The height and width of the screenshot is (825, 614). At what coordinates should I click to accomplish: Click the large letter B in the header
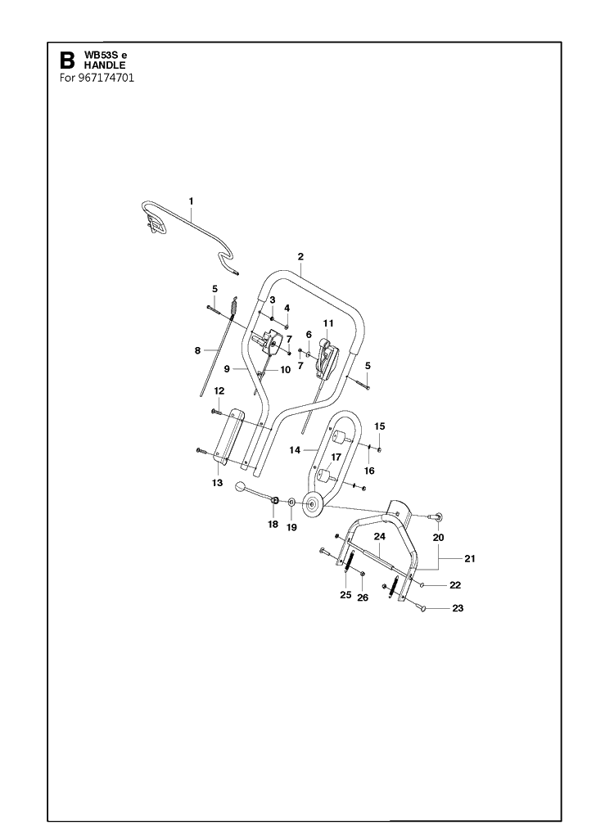click(67, 61)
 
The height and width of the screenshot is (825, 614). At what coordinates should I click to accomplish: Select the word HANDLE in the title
click(105, 65)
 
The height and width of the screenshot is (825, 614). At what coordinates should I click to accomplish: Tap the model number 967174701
click(106, 78)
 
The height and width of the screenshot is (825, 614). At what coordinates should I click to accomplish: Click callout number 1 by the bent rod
click(191, 201)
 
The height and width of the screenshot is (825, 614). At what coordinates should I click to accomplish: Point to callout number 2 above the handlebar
click(300, 257)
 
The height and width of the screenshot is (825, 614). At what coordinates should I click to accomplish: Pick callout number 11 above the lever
click(328, 323)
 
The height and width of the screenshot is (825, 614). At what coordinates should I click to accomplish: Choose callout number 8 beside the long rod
click(197, 350)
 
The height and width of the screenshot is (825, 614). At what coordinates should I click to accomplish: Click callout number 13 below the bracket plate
click(217, 483)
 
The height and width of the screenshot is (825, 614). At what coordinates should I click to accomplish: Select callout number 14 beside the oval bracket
click(295, 450)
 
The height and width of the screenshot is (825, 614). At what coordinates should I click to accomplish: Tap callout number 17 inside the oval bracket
click(336, 458)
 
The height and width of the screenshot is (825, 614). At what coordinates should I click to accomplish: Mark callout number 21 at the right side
click(469, 558)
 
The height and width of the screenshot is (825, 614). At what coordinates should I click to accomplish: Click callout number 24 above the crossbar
click(379, 537)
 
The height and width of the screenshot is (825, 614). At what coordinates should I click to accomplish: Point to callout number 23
click(458, 607)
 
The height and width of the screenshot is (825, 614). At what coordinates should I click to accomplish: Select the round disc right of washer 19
click(314, 504)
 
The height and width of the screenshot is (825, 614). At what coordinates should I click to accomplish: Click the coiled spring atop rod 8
click(233, 308)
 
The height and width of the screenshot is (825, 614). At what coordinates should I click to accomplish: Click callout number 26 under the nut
click(363, 597)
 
